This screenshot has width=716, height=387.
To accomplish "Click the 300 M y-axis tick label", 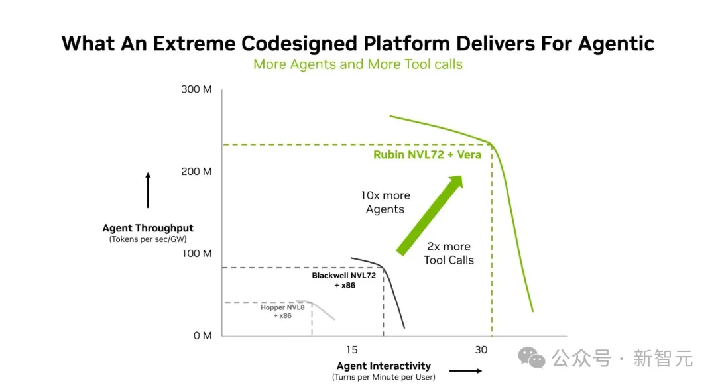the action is [x=196, y=89].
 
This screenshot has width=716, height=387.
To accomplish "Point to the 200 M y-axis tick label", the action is [x=196, y=172].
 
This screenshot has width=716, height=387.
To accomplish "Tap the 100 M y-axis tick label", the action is [x=197, y=254].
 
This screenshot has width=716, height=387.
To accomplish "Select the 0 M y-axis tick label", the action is [x=202, y=336].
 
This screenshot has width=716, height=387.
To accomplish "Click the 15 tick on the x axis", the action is [x=351, y=350].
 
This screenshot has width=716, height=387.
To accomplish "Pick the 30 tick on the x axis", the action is [x=481, y=350].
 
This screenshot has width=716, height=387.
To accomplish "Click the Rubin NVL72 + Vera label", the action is [x=427, y=155].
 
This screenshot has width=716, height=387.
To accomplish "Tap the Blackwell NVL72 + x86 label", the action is [x=344, y=280].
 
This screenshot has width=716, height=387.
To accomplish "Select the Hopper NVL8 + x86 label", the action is [x=282, y=311].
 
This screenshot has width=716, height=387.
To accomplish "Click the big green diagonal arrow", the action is [x=429, y=215].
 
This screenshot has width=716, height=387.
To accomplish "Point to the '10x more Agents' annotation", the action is [x=385, y=202].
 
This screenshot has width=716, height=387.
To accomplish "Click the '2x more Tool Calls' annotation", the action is [x=448, y=253].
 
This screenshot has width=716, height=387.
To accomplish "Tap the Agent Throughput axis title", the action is [x=147, y=228].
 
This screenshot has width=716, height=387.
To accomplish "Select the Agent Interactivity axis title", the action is [x=384, y=366].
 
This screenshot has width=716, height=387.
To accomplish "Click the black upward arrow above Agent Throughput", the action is [x=148, y=190].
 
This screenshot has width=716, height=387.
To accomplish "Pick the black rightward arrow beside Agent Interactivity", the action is [x=465, y=371].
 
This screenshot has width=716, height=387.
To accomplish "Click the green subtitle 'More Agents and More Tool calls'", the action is [x=357, y=64].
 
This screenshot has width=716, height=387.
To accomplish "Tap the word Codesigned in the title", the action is [x=299, y=44].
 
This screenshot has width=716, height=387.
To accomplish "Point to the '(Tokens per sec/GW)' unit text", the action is [x=147, y=239].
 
